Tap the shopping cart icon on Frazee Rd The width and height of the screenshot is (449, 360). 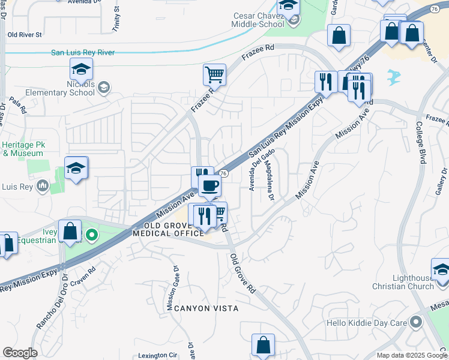pyautogui.click(x=214, y=75)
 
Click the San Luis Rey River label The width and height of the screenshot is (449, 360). pyautogui.click(x=83, y=53)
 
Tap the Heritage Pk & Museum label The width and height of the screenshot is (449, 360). pyautogui.click(x=23, y=149)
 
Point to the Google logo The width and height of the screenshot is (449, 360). pyautogui.click(x=20, y=353)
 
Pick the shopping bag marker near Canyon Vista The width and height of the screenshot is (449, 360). pyautogui.click(x=263, y=345)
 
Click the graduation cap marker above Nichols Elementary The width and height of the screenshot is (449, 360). pyautogui.click(x=81, y=70)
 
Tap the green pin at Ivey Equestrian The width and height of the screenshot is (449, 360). pyautogui.click(x=91, y=235)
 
